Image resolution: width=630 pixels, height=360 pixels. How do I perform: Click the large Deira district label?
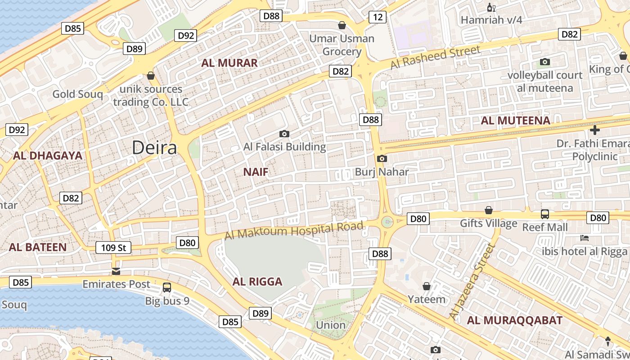(x=154, y=148)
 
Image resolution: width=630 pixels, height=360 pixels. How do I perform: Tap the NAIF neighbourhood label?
(x=256, y=171)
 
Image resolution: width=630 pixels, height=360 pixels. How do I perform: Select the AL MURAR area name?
(x=229, y=63)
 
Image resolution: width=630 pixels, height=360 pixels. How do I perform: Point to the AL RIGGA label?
(x=257, y=282)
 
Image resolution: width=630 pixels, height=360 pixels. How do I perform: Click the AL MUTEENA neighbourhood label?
(x=516, y=121)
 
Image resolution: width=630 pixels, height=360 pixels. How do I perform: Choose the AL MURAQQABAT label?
(x=514, y=320)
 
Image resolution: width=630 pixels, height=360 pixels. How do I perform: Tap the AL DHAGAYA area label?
(x=48, y=156)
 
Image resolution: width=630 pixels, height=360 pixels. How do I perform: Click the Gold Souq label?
(x=77, y=94)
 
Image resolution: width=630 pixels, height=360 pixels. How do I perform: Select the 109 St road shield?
(x=113, y=247)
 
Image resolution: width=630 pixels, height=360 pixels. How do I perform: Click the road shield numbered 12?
(x=378, y=17)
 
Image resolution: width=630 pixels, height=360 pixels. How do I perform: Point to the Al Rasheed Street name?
(x=435, y=58)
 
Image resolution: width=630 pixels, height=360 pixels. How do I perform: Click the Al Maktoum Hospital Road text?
(x=293, y=231)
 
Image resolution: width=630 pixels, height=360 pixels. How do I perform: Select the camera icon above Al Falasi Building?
(x=284, y=134)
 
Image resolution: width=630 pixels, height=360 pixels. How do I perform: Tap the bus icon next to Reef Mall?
(x=545, y=214)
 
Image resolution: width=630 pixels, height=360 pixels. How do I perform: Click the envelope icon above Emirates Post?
(x=116, y=271)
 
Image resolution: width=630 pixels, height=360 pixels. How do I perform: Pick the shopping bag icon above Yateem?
(x=427, y=286)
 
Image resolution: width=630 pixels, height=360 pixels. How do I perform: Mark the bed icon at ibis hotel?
(x=585, y=238)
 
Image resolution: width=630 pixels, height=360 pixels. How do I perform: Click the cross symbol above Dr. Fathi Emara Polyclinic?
(x=595, y=130)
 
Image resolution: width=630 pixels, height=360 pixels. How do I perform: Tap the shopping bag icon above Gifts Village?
(x=489, y=210)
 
